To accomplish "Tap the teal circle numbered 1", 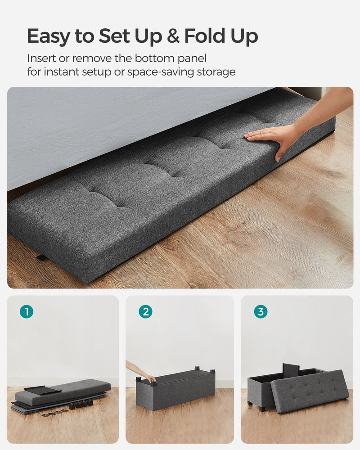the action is click(x=27, y=311).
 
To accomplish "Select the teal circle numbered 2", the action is click(x=145, y=311).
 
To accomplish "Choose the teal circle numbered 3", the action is click(x=261, y=311).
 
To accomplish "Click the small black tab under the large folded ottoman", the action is click(x=42, y=258).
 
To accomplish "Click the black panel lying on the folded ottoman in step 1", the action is click(x=43, y=390).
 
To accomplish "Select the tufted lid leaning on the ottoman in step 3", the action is click(x=310, y=391).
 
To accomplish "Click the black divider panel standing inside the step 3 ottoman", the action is click(x=291, y=370).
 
